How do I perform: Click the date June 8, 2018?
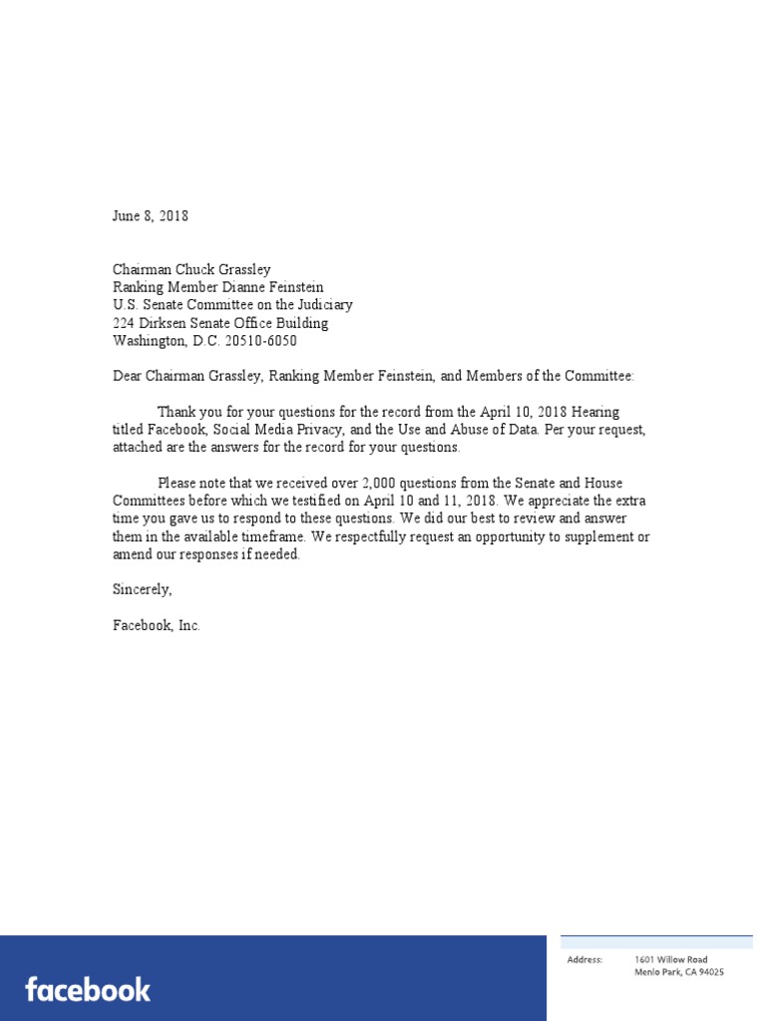[x=151, y=216]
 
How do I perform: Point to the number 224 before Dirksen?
[x=124, y=323]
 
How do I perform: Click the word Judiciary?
[x=321, y=305]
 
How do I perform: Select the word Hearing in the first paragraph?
[x=594, y=413]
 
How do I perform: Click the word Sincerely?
[x=143, y=589]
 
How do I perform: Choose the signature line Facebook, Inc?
[x=157, y=626]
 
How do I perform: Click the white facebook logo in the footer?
[x=88, y=990]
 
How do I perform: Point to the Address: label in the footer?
[x=584, y=960]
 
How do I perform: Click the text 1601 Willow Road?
[x=671, y=960]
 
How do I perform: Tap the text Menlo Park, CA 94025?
[x=679, y=972]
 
